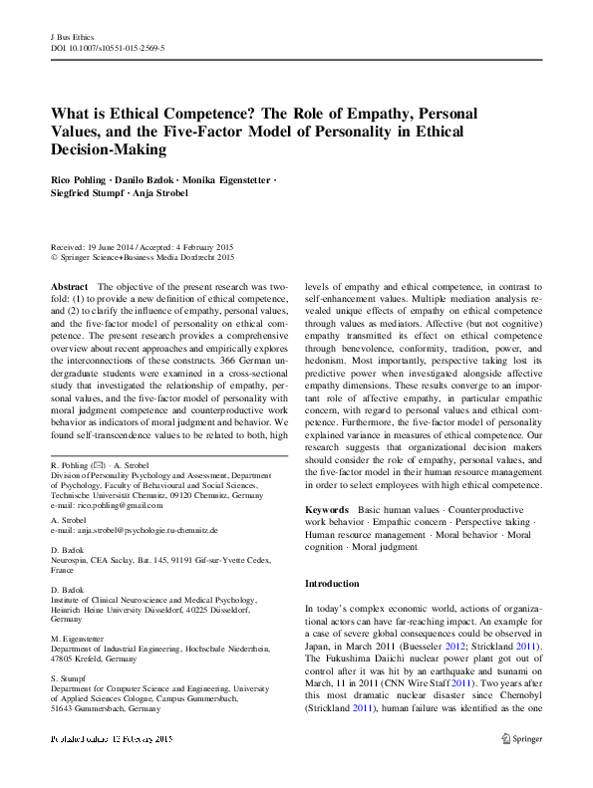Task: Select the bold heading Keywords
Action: click(328, 510)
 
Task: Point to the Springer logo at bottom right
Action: click(521, 766)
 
